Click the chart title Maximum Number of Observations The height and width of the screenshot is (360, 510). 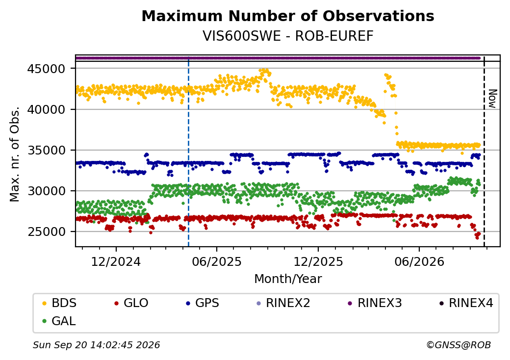coord(288,16)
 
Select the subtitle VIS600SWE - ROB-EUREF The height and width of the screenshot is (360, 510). coord(288,36)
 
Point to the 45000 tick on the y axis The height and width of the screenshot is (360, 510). coord(46,69)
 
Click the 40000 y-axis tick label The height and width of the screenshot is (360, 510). coord(46,109)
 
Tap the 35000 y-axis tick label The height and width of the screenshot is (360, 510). coord(46,150)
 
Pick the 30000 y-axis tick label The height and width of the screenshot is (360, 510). coord(46,191)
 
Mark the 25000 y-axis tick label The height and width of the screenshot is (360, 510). coord(46,232)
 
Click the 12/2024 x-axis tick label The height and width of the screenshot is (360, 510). coord(116,262)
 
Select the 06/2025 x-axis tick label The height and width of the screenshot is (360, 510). coord(217,262)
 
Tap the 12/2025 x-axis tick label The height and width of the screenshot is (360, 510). coord(318,262)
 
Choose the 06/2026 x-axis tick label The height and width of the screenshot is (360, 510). coord(419,262)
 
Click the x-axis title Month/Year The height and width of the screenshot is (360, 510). coord(288,279)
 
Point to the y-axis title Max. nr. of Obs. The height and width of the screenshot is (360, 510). coord(15,154)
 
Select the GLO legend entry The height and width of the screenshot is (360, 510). coord(131,303)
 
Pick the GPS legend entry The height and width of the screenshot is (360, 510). coord(203,303)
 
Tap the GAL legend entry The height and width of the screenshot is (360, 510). coord(59,321)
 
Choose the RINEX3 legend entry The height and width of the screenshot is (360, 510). coord(375,303)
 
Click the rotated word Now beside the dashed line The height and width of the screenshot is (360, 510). coord(493,99)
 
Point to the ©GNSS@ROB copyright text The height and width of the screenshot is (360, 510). coord(459,345)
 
